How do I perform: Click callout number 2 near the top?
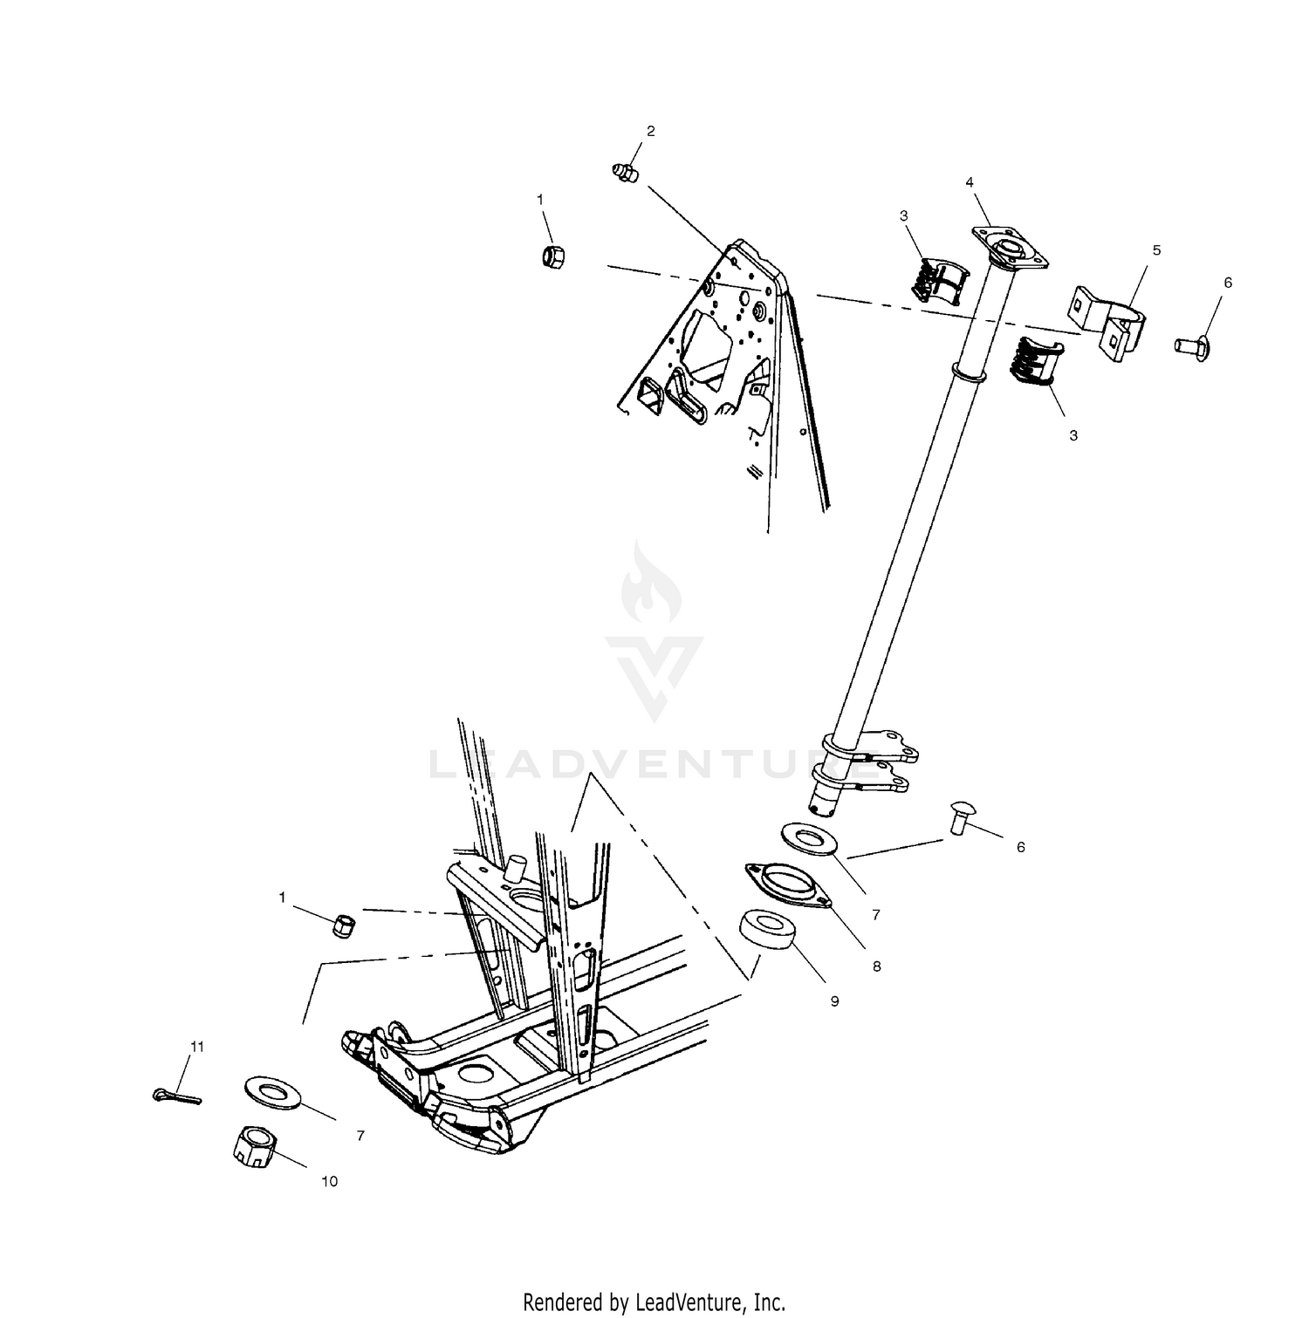pyautogui.click(x=650, y=132)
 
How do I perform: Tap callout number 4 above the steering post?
pyautogui.click(x=969, y=182)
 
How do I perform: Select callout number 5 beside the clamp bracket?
pyautogui.click(x=1156, y=250)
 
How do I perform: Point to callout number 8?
pyautogui.click(x=876, y=966)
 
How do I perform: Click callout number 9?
pyautogui.click(x=834, y=1001)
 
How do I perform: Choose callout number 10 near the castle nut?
pyautogui.click(x=330, y=1181)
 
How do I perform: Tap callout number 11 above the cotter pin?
pyautogui.click(x=197, y=1046)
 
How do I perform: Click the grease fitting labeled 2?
pyautogui.click(x=626, y=171)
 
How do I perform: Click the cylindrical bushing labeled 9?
pyautogui.click(x=768, y=930)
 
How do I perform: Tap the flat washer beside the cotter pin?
pyautogui.click(x=273, y=1092)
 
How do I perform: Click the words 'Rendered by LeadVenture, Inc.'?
pyautogui.click(x=654, y=1302)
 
